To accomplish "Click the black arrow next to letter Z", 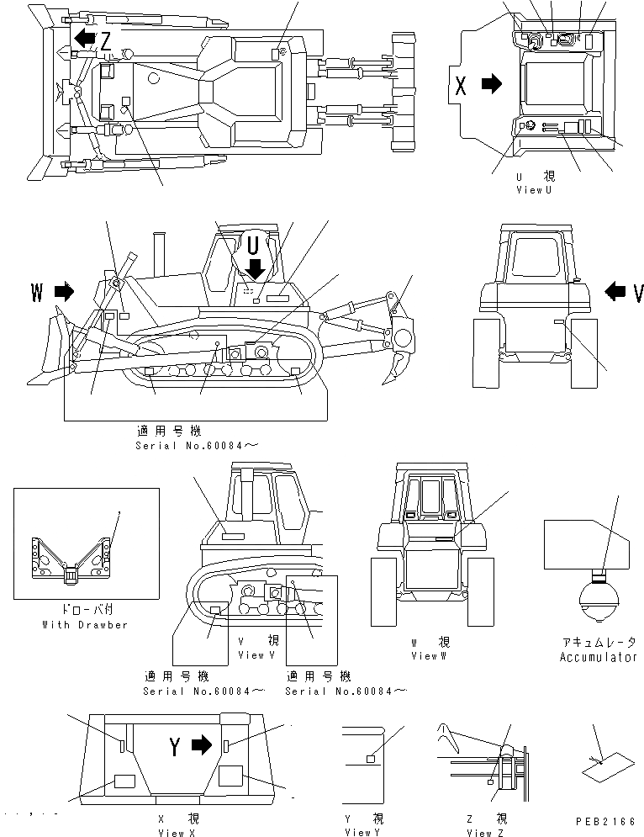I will tap(83, 37).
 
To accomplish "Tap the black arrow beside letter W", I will tap(63, 292).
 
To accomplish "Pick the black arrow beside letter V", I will tap(615, 292).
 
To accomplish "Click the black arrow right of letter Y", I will tap(201, 744).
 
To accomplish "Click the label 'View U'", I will tap(535, 190).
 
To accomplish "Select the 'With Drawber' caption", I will tap(85, 625).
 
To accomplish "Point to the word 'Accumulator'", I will tap(598, 657).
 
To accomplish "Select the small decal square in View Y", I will tap(370, 760).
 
